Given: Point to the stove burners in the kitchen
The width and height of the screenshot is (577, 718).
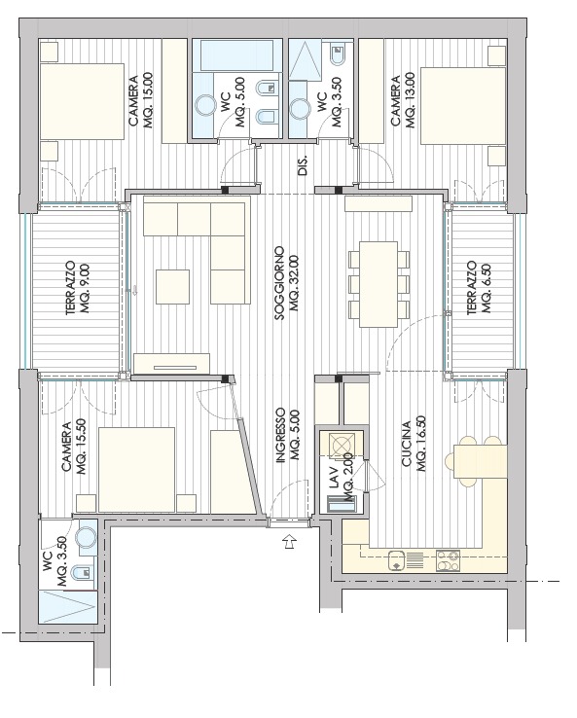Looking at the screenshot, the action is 448,560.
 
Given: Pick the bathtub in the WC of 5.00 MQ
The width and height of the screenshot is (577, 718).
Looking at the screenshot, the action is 236,54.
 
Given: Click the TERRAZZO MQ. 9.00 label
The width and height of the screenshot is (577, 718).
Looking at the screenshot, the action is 78,289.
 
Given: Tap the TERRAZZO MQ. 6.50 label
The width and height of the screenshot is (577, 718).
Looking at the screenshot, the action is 479,288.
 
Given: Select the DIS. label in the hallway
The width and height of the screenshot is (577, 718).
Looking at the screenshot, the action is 303,164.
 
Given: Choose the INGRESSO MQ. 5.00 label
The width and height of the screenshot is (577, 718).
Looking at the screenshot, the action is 288,436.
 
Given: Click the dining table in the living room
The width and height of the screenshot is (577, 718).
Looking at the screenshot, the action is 379,284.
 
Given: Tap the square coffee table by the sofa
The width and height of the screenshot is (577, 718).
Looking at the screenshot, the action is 172,287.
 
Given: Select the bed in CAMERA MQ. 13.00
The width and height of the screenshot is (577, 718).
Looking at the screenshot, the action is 463,106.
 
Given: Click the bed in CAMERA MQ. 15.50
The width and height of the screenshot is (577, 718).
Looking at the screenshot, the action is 137,470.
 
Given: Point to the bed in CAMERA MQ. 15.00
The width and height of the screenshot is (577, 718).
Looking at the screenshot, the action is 83,101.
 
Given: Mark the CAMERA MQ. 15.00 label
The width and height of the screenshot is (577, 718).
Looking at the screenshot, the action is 140,100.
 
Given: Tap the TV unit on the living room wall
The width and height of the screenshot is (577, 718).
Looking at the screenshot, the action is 172,363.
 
